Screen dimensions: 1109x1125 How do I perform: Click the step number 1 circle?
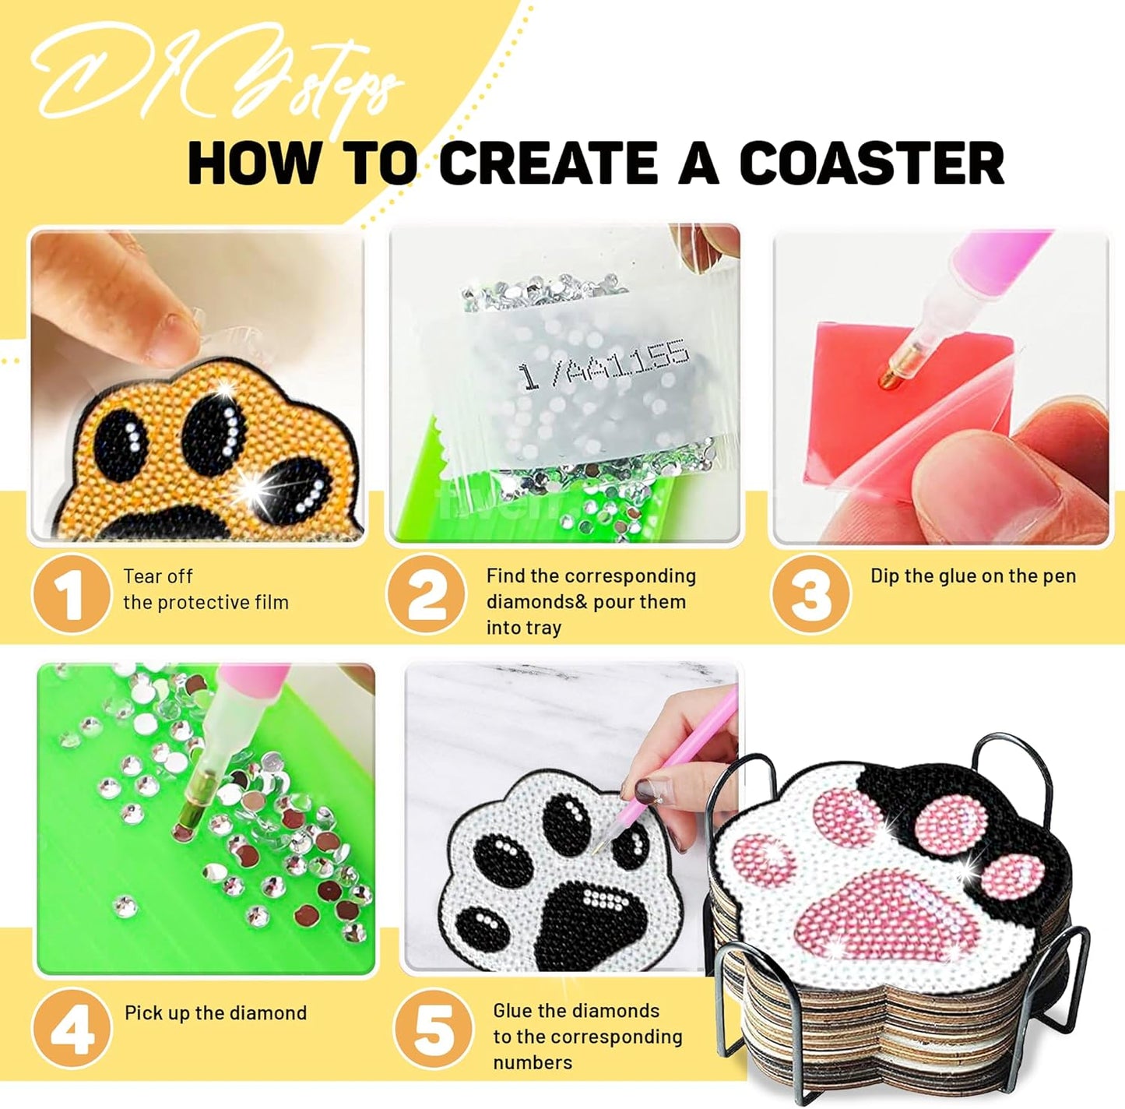[x=71, y=594]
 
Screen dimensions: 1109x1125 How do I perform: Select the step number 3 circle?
[x=810, y=594]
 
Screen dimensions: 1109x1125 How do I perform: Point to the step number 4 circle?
[x=72, y=1028]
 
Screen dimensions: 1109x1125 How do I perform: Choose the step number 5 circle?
[x=434, y=1029]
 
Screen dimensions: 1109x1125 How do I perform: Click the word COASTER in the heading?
[x=871, y=164]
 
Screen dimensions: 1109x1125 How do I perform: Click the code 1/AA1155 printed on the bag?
[x=604, y=364]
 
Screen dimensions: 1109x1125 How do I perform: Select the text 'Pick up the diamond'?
[x=216, y=1013]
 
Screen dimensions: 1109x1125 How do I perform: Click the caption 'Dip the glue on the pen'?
[x=972, y=576]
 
